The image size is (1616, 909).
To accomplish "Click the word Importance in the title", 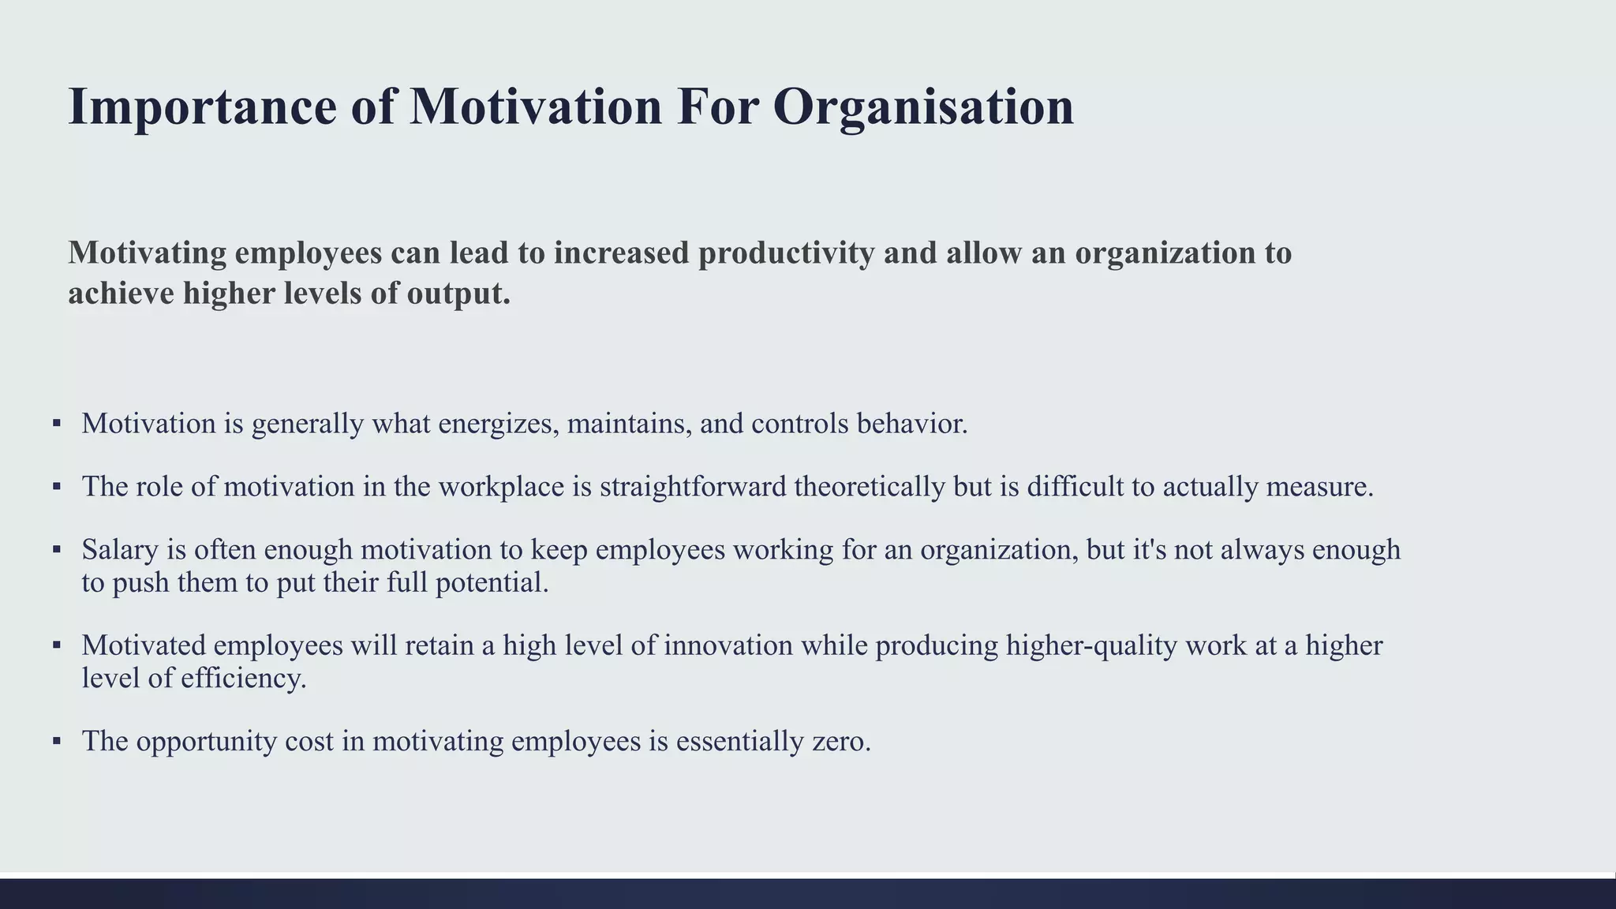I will pos(202,107).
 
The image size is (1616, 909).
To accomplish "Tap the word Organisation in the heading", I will pos(922,107).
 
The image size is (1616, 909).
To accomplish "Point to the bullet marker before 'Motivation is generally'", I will pos(57,424).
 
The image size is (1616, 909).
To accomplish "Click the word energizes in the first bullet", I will pos(498,425).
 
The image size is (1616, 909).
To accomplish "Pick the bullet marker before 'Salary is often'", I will pos(57,549).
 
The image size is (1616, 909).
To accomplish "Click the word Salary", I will pos(120,550).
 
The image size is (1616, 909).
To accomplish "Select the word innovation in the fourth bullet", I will pos(728,645).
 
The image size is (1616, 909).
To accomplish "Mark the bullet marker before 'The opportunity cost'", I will pos(57,741).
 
